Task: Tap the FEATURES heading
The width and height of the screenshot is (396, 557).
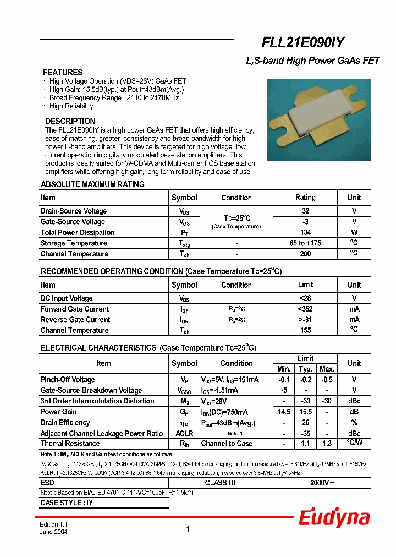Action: pos(63,73)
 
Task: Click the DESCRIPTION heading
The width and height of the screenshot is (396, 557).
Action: pos(70,121)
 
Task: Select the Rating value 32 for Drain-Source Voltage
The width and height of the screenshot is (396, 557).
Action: pos(305,211)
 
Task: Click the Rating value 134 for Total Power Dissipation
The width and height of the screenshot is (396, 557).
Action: pos(305,232)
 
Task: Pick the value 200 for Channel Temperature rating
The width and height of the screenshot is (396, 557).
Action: pos(305,254)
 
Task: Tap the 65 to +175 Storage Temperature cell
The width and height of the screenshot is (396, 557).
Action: pos(305,243)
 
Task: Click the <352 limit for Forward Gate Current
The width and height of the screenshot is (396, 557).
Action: pos(305,309)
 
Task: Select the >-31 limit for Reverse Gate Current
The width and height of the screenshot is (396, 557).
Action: pos(305,319)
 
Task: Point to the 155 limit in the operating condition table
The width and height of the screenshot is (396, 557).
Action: pos(305,330)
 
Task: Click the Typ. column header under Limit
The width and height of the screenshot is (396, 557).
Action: pos(305,369)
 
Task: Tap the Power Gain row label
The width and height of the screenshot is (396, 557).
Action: pos(58,412)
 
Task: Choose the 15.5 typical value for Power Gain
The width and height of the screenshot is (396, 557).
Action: pos(305,412)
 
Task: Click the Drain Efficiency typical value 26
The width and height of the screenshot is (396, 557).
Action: pos(305,423)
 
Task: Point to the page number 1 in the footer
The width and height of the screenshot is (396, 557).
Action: pos(188,529)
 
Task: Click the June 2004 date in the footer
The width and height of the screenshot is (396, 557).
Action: pos(53,533)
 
